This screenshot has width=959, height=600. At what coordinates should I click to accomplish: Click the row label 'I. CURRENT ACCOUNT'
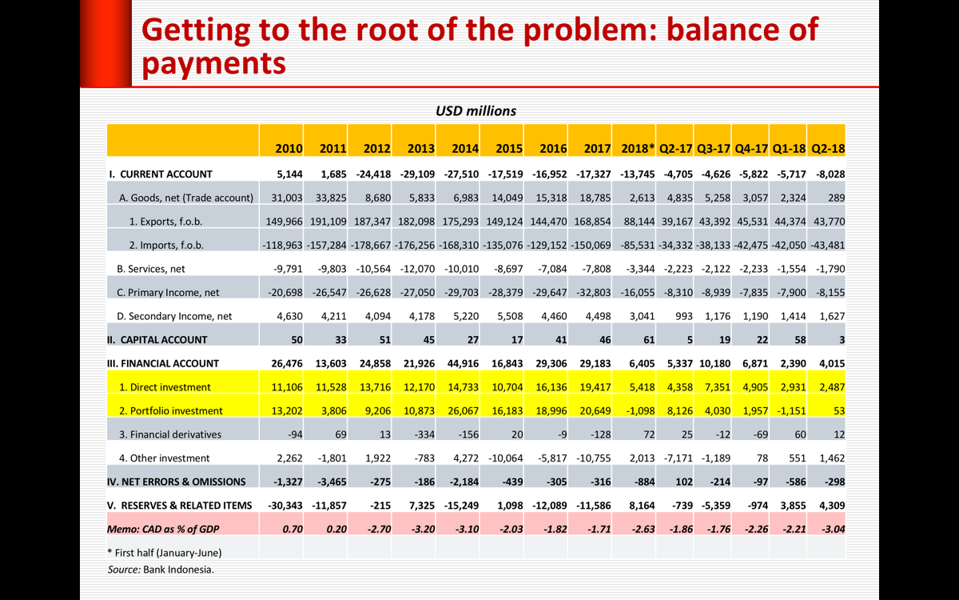point(161,174)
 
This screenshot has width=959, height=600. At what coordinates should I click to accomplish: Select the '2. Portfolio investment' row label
point(170,410)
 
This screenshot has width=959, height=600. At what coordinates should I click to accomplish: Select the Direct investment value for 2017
point(594,387)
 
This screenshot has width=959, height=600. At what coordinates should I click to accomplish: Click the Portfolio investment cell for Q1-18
point(788,410)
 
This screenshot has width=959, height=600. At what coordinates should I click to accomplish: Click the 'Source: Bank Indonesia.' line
point(161,570)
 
